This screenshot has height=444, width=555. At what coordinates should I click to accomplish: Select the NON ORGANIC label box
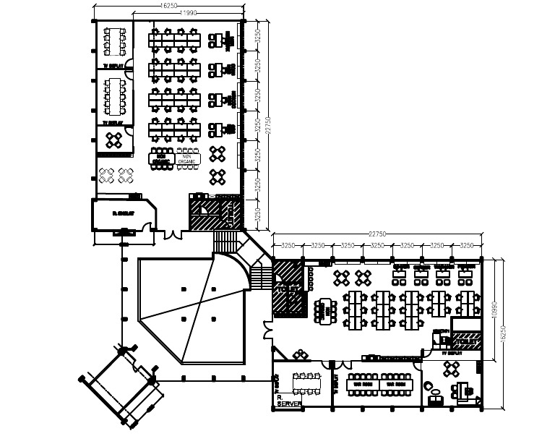[191, 158]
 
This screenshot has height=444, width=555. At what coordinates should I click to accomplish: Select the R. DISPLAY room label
[124, 214]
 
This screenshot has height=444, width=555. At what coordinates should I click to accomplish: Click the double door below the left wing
[173, 234]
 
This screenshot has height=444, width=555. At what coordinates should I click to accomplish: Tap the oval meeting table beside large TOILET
[326, 309]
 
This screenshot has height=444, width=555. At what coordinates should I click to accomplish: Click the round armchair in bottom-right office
[435, 398]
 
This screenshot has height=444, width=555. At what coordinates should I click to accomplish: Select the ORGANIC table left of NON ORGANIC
[162, 158]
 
